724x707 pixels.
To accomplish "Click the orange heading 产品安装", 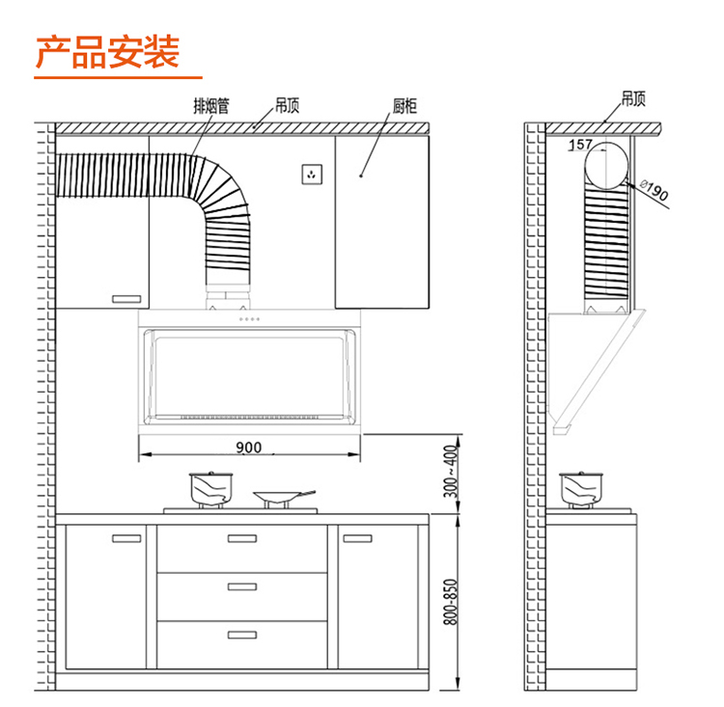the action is (107, 52).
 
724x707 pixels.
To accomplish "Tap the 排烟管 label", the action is (211, 106).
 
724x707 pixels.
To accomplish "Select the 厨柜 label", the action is (404, 106).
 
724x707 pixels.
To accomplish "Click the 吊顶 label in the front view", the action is (288, 105).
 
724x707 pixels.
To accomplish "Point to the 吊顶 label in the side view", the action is (633, 98).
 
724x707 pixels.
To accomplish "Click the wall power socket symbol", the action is (312, 175).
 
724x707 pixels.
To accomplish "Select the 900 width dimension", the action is (248, 448).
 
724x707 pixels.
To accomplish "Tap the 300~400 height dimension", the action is (451, 472).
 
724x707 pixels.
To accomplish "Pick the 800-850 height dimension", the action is (451, 602).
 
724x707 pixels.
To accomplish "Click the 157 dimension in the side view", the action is (580, 145).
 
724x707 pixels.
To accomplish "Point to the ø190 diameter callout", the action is (654, 191).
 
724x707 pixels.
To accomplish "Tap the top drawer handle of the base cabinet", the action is (242, 538).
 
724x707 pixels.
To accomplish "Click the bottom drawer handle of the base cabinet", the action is (242, 635).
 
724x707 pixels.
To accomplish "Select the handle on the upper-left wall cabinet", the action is (126, 299).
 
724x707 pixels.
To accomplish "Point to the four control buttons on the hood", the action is (249, 319).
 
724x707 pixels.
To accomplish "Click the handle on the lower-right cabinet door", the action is (357, 538).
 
